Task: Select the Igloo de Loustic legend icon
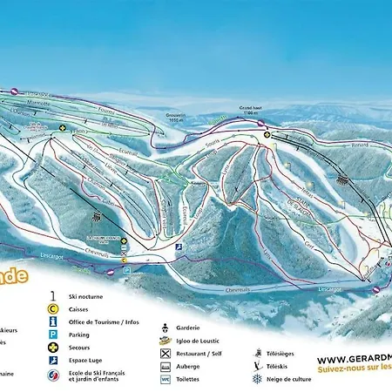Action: pos(166,341)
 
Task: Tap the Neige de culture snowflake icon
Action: pos(257,379)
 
